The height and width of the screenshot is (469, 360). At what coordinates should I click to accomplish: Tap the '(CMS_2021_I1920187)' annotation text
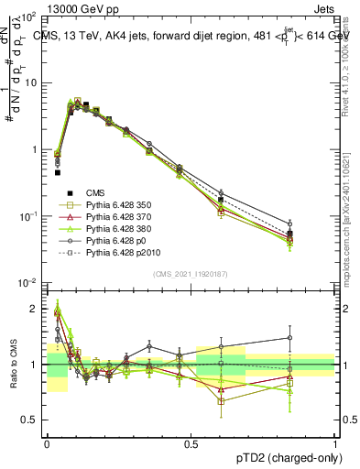click(191, 273)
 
